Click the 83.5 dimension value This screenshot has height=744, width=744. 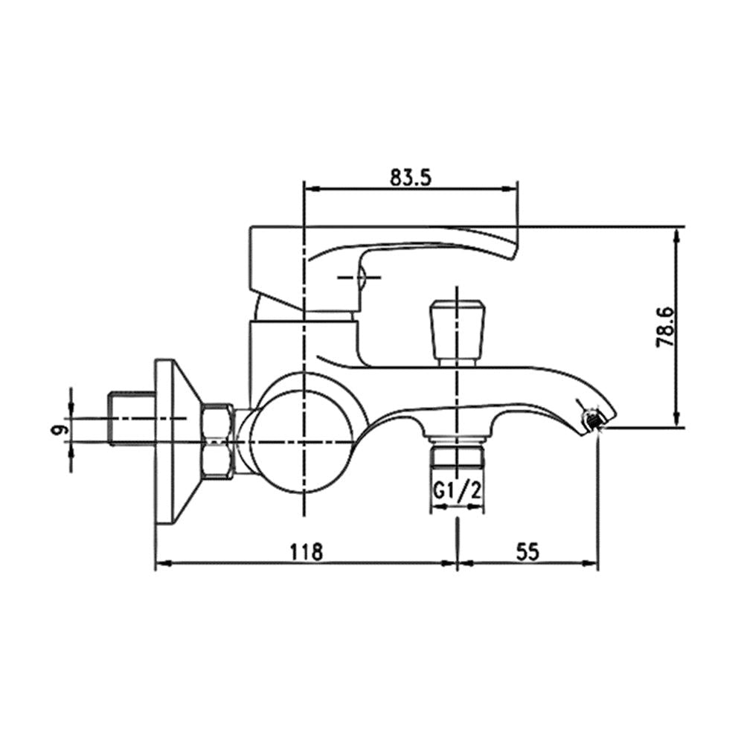click(411, 178)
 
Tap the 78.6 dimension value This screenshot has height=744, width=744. click(664, 327)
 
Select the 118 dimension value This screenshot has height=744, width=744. click(307, 551)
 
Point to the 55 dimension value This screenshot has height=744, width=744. click(527, 551)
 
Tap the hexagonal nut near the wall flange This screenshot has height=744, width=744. click(217, 440)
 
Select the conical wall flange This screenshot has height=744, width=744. click(176, 442)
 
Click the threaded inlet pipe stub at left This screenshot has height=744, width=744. click(132, 418)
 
